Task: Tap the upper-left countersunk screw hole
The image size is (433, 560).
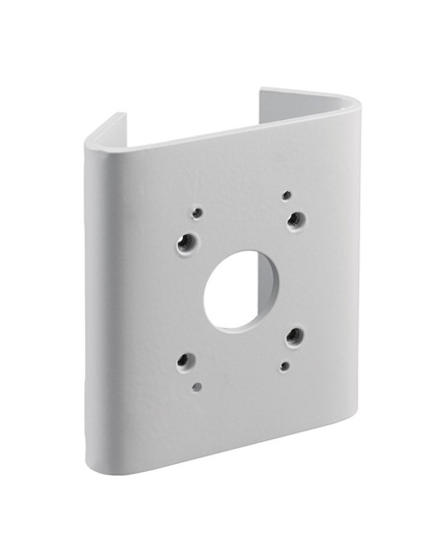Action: pos(187,242)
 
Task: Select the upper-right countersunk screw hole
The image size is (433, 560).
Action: pos(296,220)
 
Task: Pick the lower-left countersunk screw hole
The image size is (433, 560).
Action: pos(187,361)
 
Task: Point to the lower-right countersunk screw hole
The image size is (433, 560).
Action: pos(295,336)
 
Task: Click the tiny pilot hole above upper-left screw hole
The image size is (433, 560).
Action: pos(197,213)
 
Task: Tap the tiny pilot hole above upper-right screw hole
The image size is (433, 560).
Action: pos(285,196)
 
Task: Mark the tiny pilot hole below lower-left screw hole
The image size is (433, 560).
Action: pos(196,387)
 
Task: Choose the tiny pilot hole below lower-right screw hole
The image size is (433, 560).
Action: pos(285,364)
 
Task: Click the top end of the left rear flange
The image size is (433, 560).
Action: pos(120,116)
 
